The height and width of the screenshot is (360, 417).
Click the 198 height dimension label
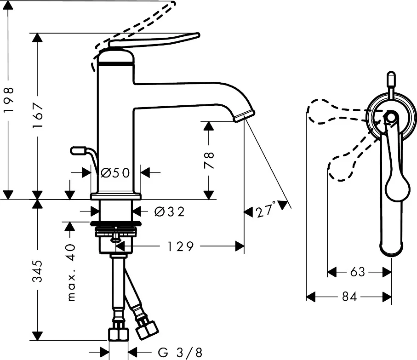pyautogui.click(x=9, y=99)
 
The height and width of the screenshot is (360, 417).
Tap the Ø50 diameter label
pyautogui.click(x=115, y=173)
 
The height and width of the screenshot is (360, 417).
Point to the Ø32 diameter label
pyautogui.click(x=169, y=212)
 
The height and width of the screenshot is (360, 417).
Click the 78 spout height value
pyautogui.click(x=209, y=160)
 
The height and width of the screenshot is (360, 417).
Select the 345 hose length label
pyautogui.click(x=37, y=271)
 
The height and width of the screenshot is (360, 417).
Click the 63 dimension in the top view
pyautogui.click(x=358, y=272)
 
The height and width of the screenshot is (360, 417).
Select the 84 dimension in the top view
pyautogui.click(x=349, y=297)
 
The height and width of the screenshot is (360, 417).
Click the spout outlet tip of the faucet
pyautogui.click(x=244, y=116)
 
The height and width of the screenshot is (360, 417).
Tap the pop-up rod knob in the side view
pyautogui.click(x=78, y=151)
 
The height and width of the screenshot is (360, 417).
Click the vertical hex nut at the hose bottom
pyautogui.click(x=118, y=334)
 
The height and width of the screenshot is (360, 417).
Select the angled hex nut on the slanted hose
pyautogui.click(x=147, y=330)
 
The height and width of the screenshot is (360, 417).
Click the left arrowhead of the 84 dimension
pyautogui.click(x=311, y=297)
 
